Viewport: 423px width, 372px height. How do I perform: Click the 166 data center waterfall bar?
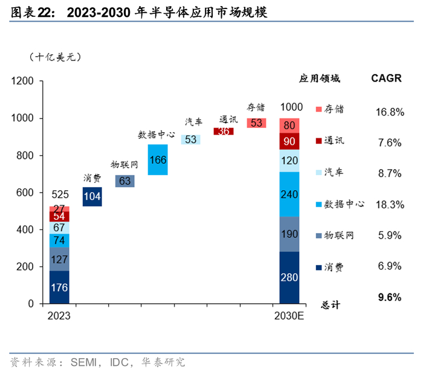[158, 160]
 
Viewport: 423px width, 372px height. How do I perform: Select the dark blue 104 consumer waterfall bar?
[92, 196]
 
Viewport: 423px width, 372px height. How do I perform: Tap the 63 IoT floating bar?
[125, 181]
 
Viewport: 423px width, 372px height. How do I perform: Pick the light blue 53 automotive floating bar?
[191, 139]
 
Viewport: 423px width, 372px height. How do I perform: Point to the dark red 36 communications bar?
[224, 131]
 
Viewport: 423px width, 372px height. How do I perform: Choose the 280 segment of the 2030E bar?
[289, 277]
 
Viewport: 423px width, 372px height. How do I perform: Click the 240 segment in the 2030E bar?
[289, 194]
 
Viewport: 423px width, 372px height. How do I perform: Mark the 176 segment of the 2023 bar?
[60, 287]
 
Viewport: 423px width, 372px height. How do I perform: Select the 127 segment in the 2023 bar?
[60, 258]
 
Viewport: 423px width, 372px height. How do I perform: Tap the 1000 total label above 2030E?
[291, 107]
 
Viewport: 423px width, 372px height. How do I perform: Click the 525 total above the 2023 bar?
[60, 195]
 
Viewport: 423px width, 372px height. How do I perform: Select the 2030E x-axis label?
[289, 316]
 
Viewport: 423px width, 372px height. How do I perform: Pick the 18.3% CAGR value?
[389, 204]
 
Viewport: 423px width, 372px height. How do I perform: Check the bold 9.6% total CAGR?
[389, 297]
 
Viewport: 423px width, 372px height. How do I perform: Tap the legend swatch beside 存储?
[318, 109]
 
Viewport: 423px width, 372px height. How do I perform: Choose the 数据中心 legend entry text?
[344, 204]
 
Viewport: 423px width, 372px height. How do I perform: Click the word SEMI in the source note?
[84, 362]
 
